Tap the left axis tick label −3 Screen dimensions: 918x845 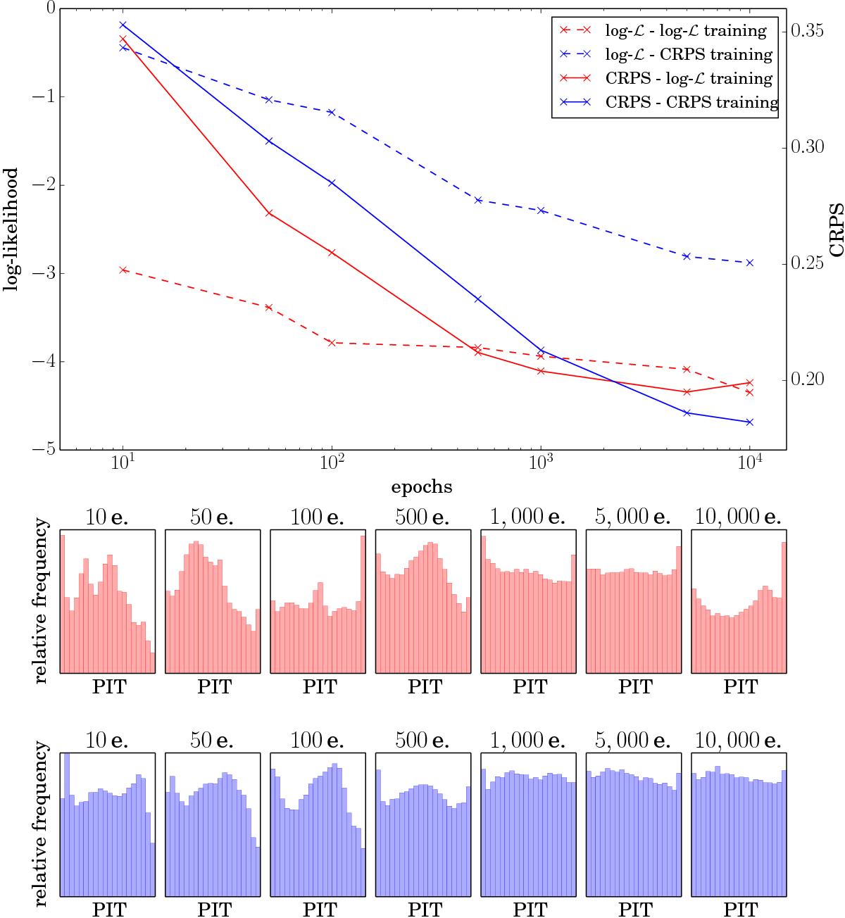(46, 273)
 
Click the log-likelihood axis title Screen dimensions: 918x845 (11, 229)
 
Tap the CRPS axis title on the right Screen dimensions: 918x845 (835, 229)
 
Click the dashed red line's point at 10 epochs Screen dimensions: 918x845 (123, 270)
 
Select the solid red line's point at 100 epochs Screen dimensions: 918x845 (332, 252)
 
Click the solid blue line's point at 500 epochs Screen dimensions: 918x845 (478, 299)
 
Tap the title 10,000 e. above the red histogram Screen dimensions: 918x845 (737, 517)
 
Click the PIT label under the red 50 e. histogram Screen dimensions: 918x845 (214, 686)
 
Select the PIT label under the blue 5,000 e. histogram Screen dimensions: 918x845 (634, 910)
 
